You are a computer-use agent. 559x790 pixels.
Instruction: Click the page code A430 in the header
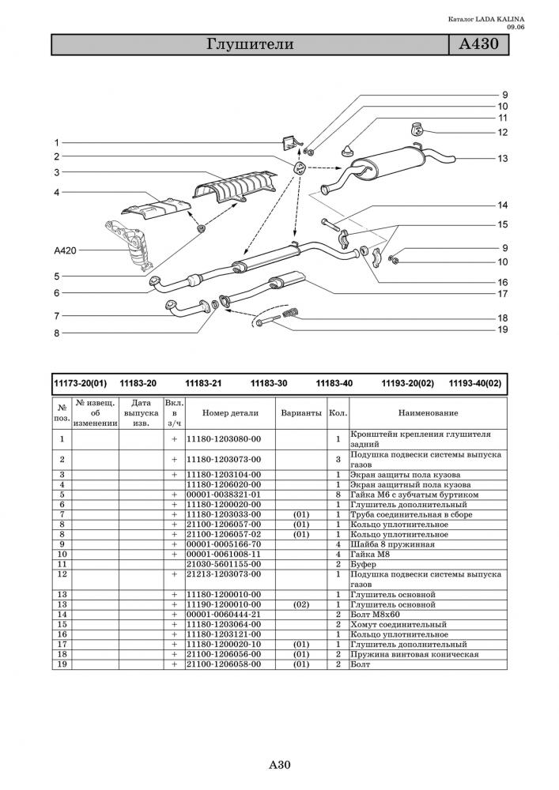tap(477, 44)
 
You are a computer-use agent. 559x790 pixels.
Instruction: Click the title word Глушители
tap(250, 44)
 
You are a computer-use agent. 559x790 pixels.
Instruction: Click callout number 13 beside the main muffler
tap(503, 159)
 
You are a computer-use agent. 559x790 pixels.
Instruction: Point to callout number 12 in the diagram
tap(503, 132)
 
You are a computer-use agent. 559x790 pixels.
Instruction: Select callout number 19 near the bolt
tap(503, 329)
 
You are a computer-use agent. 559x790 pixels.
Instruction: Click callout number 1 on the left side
tap(57, 142)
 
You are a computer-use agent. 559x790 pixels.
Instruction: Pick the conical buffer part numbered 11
tap(348, 148)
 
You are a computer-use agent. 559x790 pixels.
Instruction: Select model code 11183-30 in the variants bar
tap(268, 383)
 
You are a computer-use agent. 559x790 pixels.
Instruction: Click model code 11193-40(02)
tap(474, 383)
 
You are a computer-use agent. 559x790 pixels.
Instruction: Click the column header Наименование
tap(428, 413)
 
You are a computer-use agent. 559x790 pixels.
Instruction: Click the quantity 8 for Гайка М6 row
tap(337, 495)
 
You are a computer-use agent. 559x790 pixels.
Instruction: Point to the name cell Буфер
tap(366, 565)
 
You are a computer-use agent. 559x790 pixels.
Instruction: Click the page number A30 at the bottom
tap(281, 765)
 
